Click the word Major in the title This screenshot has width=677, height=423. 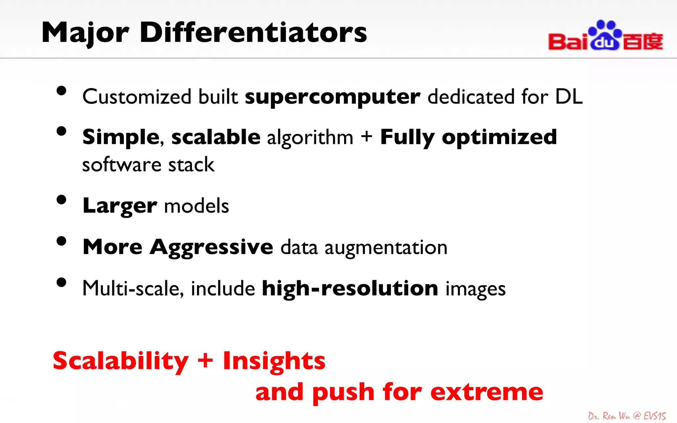point(85,33)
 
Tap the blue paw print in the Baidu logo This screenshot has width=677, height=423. point(605,35)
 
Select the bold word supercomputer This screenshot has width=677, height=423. point(332,97)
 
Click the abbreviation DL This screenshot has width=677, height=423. point(569,96)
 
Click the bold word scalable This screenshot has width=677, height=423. point(216,137)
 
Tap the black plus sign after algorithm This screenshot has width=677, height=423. point(366,136)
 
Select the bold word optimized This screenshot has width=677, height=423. point(499,137)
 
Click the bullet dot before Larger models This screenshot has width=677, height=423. point(61,200)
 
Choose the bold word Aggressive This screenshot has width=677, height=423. point(212,248)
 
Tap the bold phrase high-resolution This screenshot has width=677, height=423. point(350,288)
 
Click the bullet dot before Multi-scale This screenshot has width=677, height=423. point(61,283)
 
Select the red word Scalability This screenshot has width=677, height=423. point(121,361)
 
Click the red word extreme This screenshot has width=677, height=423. point(487,392)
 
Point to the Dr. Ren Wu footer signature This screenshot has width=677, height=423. point(627,416)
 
